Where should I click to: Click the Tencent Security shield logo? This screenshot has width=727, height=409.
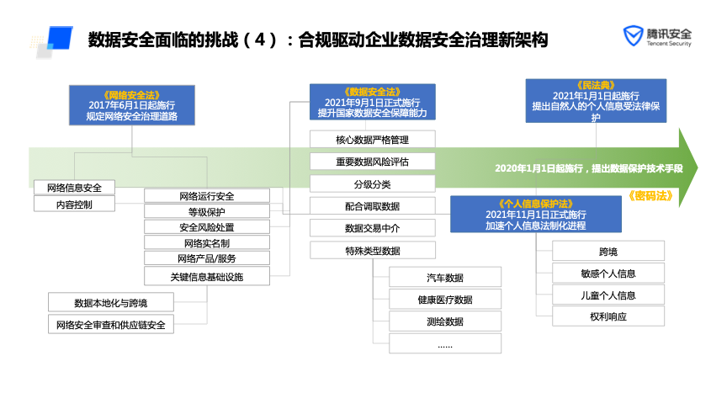pyautogui.click(x=632, y=37)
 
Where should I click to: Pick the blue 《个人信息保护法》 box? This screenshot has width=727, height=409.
pyautogui.click(x=536, y=215)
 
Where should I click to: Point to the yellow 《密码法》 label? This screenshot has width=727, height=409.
pyautogui.click(x=650, y=195)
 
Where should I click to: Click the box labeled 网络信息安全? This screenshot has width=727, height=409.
pyautogui.click(x=74, y=187)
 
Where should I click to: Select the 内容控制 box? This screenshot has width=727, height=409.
pyautogui.click(x=74, y=204)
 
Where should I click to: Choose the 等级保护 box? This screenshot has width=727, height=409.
pyautogui.click(x=207, y=211)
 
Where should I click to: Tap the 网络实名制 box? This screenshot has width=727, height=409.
pyautogui.click(x=207, y=243)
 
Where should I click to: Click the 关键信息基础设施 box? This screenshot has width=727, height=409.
pyautogui.click(x=207, y=276)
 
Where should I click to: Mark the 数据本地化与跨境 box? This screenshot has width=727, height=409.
pyautogui.click(x=111, y=302)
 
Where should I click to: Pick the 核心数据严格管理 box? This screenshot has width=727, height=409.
pyautogui.click(x=372, y=139)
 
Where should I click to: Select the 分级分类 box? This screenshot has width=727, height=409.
pyautogui.click(x=372, y=183)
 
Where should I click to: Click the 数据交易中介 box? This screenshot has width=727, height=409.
pyautogui.click(x=372, y=228)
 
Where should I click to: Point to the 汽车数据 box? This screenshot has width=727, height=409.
pyautogui.click(x=445, y=278)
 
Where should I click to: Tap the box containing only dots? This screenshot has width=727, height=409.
pyautogui.click(x=445, y=344)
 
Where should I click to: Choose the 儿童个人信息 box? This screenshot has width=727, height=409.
pyautogui.click(x=608, y=295)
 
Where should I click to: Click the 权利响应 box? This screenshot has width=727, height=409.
pyautogui.click(x=608, y=317)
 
